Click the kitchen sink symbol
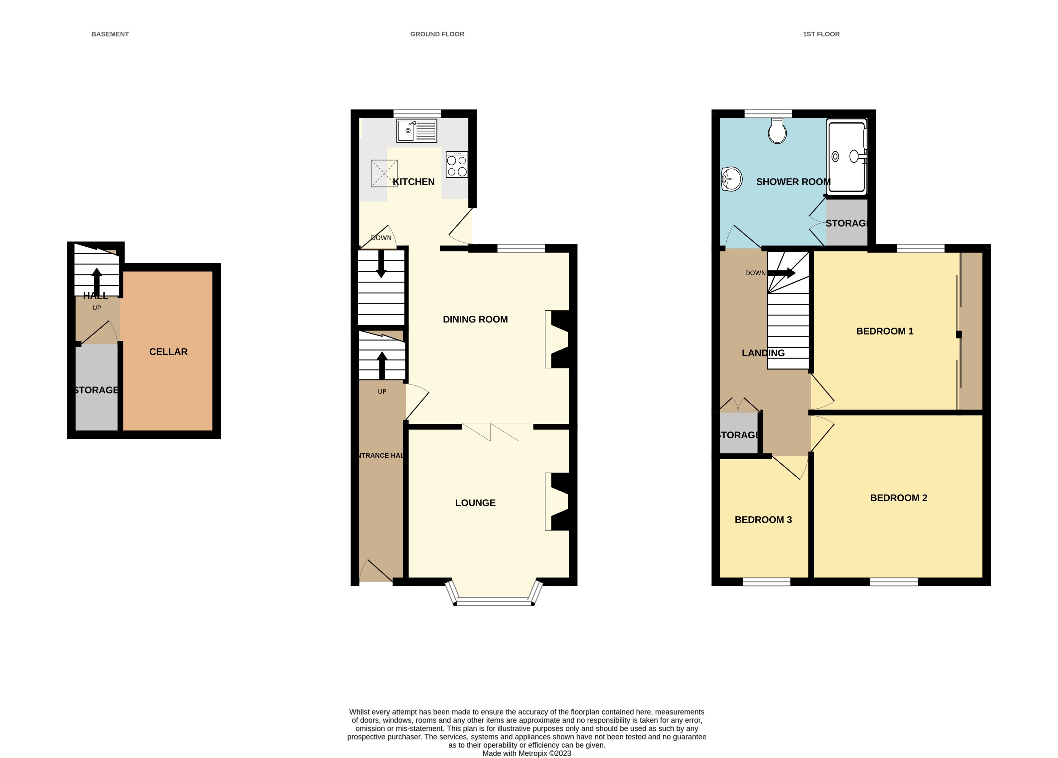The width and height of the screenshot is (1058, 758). click(x=417, y=131)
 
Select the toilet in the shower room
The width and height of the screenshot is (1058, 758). click(x=777, y=132)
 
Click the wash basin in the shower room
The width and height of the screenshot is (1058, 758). click(x=731, y=179)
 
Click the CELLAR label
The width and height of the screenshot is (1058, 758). click(x=168, y=352)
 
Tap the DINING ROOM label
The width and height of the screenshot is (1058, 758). click(x=475, y=319)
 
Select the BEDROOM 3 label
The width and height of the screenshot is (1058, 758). click(x=763, y=519)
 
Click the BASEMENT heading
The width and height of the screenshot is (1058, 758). click(x=110, y=34)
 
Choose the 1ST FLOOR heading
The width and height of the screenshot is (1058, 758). click(x=821, y=34)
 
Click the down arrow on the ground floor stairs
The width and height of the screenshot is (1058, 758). click(x=381, y=264)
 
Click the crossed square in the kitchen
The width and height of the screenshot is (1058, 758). click(x=384, y=173)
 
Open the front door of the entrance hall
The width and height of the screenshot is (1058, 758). click(x=376, y=570)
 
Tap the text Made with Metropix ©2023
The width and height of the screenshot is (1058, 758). click(x=526, y=753)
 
